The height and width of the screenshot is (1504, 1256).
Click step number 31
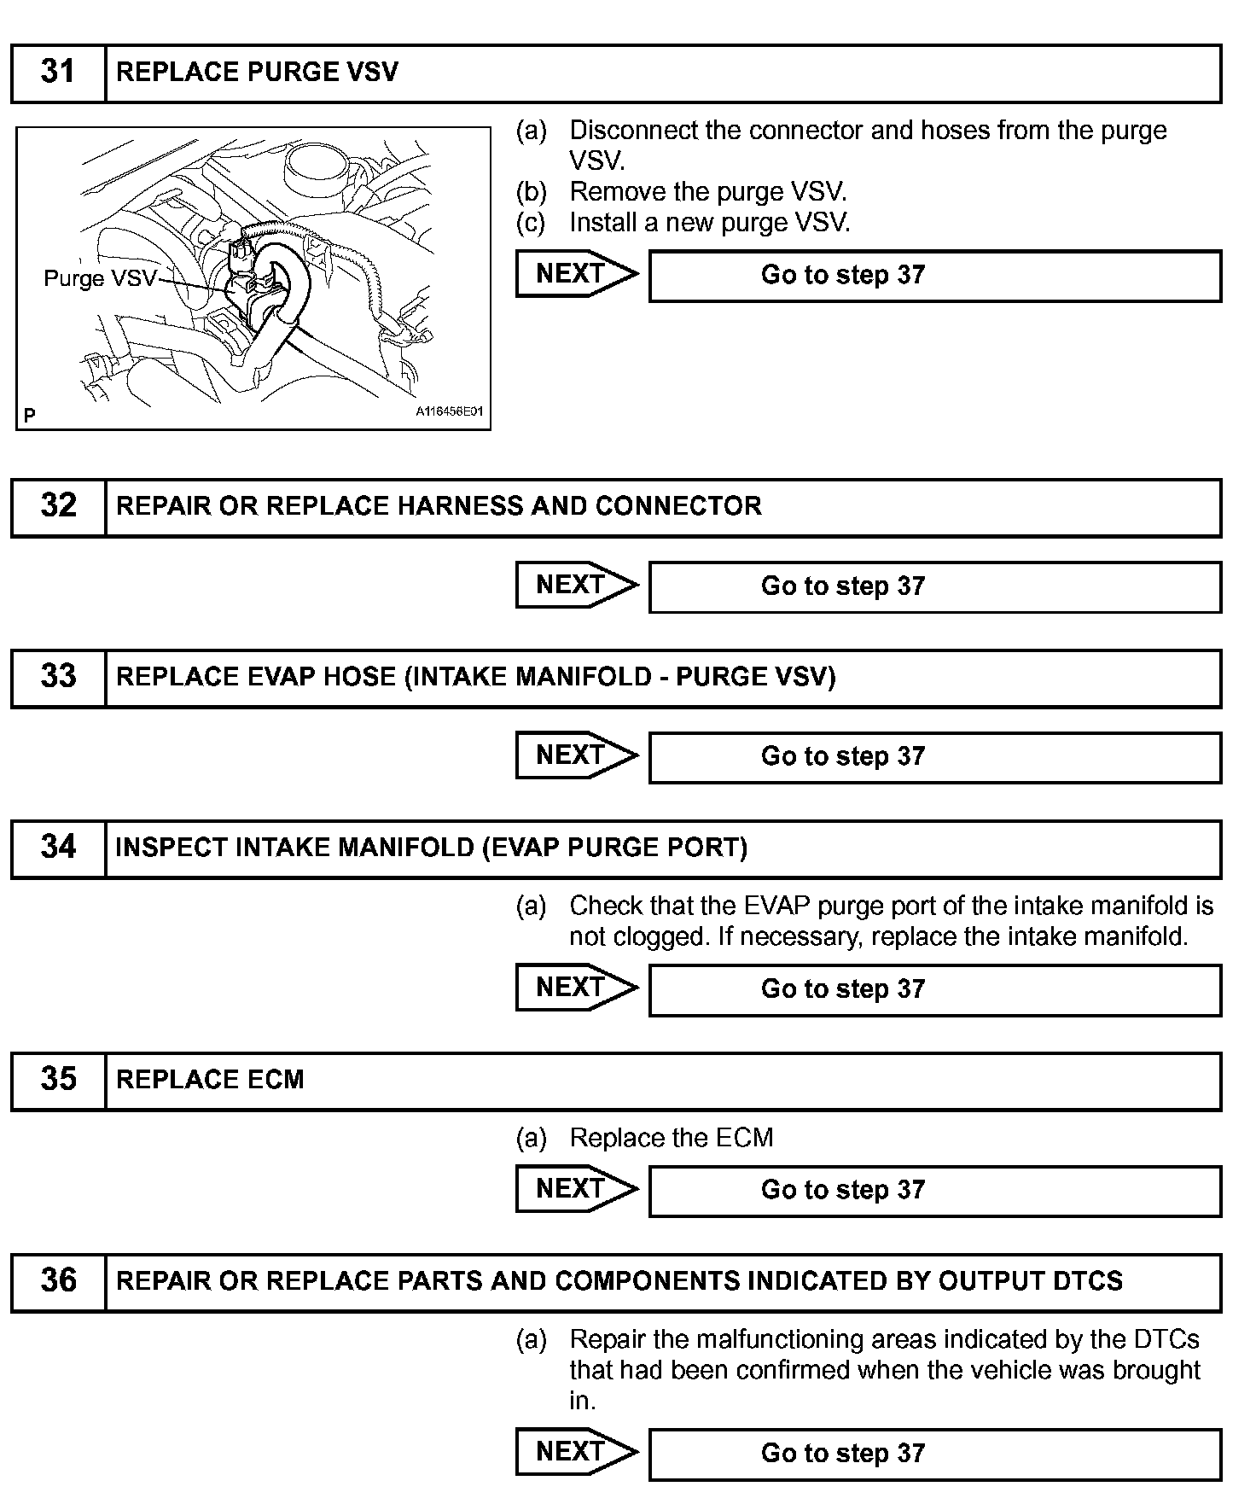coord(58,72)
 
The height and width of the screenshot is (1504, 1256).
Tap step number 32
coord(58,506)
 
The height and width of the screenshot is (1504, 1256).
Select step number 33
coord(58,677)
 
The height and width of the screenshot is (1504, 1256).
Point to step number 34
coord(58,848)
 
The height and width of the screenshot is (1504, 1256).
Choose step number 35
coord(58,1080)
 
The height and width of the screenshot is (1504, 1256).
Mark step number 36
coord(58,1281)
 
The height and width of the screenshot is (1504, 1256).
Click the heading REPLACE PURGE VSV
coord(257,72)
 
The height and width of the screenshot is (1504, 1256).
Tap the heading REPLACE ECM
coord(210,1080)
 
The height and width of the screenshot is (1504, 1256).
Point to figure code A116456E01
coord(449,411)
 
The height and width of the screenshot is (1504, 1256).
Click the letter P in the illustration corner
coord(30,416)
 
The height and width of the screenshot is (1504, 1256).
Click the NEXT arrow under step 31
coord(576,274)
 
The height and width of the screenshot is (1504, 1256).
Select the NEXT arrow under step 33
coord(576,755)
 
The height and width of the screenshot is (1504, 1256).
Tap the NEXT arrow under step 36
coord(576,1452)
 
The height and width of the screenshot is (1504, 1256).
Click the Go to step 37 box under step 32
coord(934,586)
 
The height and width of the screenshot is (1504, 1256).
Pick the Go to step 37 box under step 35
coord(934,1190)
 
